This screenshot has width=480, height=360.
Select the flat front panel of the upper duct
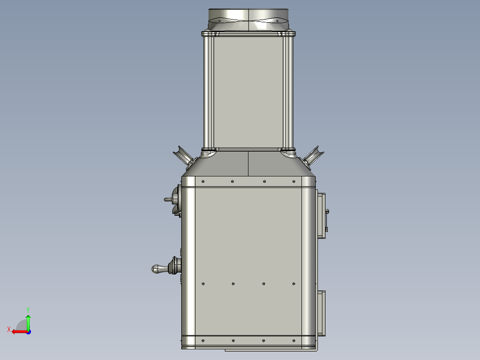pos(248,91)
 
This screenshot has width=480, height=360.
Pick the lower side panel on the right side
pos(321,313)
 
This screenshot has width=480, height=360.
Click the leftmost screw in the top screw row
pos(203,181)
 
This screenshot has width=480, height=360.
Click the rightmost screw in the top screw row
pos(293,181)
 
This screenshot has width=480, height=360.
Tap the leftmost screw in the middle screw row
pos(203,283)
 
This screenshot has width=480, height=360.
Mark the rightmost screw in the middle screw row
pos(293,283)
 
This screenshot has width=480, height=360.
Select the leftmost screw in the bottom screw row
pos(203,341)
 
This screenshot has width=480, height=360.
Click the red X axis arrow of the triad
pos(18,331)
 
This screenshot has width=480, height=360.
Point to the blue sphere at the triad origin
pos(28,331)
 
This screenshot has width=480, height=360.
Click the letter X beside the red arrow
pos(8,329)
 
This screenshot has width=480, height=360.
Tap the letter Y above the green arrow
pos(28,309)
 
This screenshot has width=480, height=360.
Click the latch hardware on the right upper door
pos(327,218)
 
